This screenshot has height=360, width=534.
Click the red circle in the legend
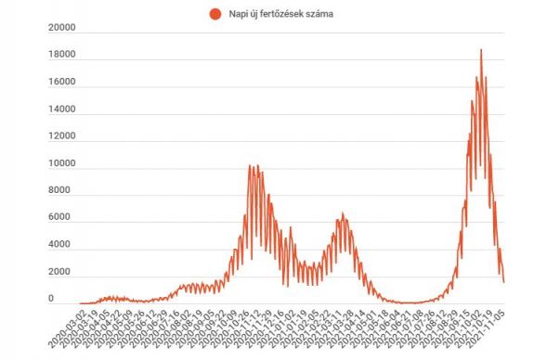coord(215,14)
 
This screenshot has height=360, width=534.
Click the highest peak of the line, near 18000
coord(481,50)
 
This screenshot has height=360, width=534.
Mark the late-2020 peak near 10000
coord(251,166)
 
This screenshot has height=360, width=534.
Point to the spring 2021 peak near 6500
coord(342,213)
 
